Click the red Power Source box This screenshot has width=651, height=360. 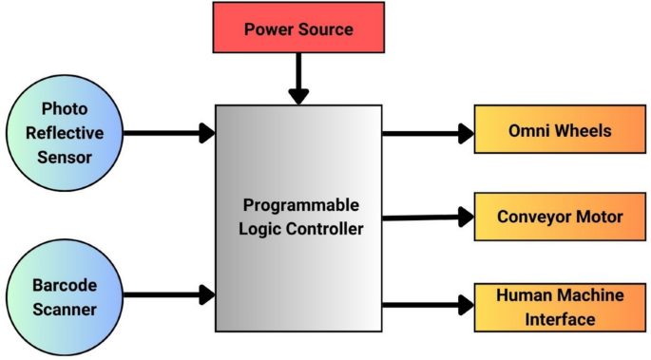coord(298,29)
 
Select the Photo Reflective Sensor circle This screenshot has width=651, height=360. coord(64,132)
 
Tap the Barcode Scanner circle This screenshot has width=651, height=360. coord(64,295)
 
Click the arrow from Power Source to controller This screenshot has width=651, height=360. coord(298,80)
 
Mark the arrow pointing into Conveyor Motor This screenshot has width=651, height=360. coord(428,218)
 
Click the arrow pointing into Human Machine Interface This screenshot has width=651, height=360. coord(428,305)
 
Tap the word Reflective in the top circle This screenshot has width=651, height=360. coord(64,133)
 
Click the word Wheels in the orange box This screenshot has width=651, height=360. coord(584,132)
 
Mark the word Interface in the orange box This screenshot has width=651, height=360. coord(560,319)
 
